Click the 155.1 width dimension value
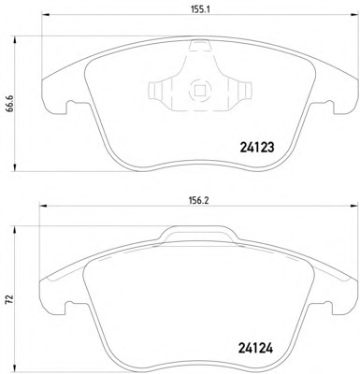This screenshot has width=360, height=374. [x=199, y=9]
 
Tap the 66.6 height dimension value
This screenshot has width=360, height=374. [x=10, y=105]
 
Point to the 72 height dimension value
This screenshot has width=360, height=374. [x=10, y=298]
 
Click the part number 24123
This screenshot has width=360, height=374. [x=257, y=148]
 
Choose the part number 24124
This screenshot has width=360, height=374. [x=255, y=348]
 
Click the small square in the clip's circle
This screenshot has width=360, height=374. [x=199, y=91]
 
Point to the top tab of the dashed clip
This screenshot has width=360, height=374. [x=199, y=46]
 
